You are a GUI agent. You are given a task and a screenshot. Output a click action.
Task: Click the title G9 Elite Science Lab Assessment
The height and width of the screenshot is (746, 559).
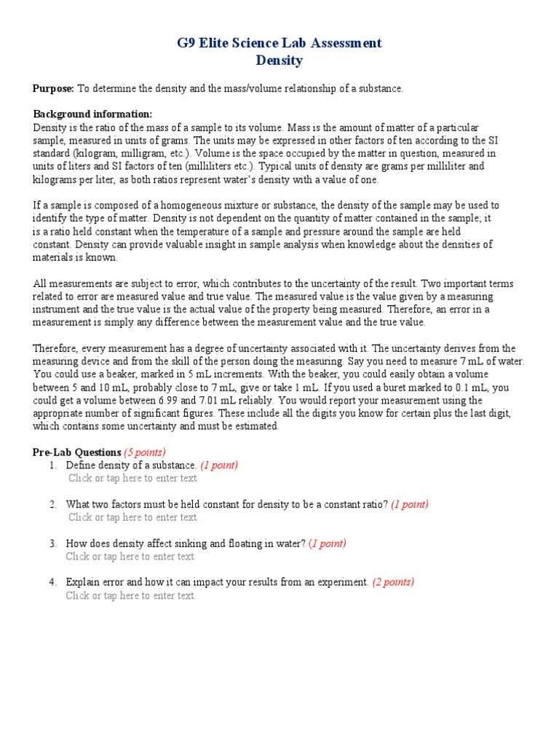pos(279,43)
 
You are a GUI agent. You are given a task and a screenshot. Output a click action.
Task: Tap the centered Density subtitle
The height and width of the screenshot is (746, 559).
pos(279,60)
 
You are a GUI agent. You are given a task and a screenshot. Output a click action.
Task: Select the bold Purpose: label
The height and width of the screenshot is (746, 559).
pos(53,88)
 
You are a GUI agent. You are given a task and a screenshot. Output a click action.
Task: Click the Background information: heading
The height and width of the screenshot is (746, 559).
pos(92,114)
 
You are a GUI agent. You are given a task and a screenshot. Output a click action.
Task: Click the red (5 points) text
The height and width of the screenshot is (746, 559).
pos(145,452)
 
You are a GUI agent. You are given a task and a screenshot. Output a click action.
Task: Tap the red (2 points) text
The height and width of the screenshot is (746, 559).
pos(393,582)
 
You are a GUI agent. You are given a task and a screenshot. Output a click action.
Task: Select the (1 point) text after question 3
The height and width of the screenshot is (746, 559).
pos(328,543)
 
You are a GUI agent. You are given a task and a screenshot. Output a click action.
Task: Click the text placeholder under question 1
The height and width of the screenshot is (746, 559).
pos(133,478)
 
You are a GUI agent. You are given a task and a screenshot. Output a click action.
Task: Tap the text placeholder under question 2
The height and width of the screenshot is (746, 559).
pos(133,517)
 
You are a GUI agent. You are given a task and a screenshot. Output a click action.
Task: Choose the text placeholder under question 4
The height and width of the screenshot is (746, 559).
pos(131,595)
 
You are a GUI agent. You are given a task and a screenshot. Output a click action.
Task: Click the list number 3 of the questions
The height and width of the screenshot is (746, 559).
pos(53,543)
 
